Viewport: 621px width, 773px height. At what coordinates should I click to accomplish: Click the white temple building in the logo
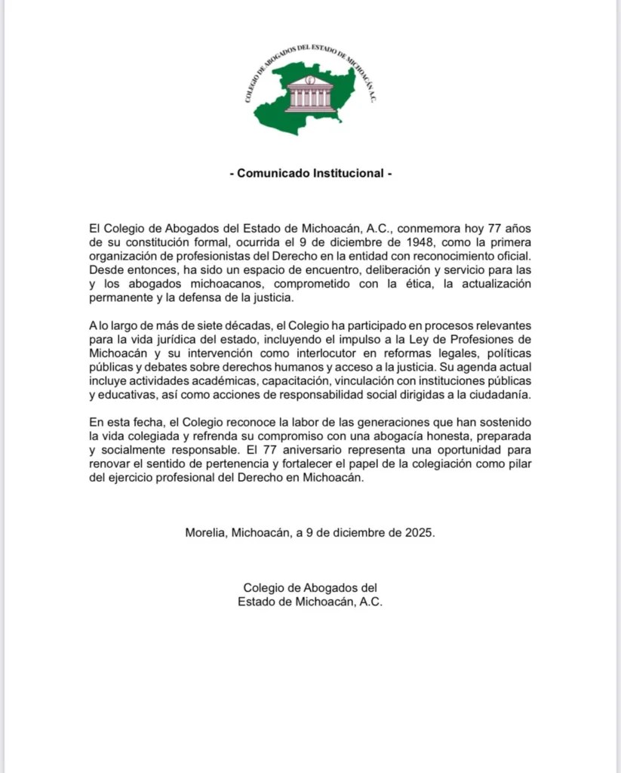point(309,94)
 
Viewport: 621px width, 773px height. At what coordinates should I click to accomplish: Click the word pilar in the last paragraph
point(519,463)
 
